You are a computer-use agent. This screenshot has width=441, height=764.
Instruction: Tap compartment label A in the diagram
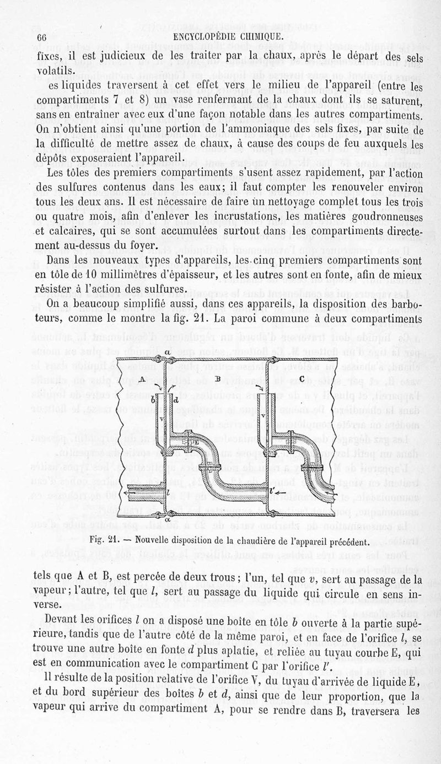142,379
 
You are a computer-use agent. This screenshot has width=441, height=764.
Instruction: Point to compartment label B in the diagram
218,378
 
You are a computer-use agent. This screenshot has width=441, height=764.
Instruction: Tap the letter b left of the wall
153,400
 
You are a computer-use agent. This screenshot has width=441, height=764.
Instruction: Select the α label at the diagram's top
166,353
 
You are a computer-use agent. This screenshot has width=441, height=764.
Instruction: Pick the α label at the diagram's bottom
166,518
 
